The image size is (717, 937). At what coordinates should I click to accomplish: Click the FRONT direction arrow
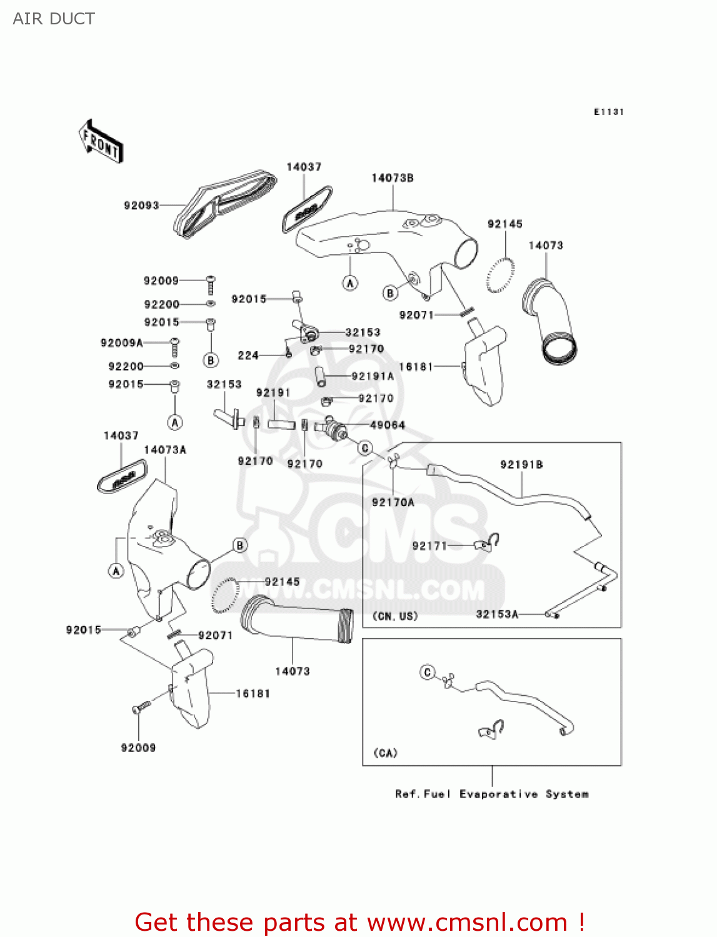[101, 142]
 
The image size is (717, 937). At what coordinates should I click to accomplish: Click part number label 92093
[141, 206]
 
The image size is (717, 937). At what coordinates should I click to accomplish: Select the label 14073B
[393, 178]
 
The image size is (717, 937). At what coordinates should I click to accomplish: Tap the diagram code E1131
[608, 112]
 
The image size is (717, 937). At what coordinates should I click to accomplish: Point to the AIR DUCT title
[54, 19]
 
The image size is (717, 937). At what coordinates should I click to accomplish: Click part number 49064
[388, 425]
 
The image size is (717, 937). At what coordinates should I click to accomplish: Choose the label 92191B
[521, 464]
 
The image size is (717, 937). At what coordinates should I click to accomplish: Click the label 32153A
[497, 614]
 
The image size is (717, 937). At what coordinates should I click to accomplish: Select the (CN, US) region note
[395, 616]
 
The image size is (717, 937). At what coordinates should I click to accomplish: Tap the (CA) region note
[385, 753]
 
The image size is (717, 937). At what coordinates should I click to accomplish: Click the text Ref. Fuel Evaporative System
[492, 794]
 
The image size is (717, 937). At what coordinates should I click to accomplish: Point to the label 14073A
[165, 450]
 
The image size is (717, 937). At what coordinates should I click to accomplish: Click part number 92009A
[121, 343]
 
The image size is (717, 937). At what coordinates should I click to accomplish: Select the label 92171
[429, 545]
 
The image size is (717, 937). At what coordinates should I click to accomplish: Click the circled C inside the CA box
[428, 672]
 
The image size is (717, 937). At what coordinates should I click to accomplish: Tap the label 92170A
[393, 502]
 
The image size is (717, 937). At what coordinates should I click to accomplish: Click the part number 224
[248, 355]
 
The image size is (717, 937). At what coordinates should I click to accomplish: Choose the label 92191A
[373, 376]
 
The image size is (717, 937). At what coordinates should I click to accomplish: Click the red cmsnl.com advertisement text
[359, 922]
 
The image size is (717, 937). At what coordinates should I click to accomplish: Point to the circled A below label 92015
[175, 422]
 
